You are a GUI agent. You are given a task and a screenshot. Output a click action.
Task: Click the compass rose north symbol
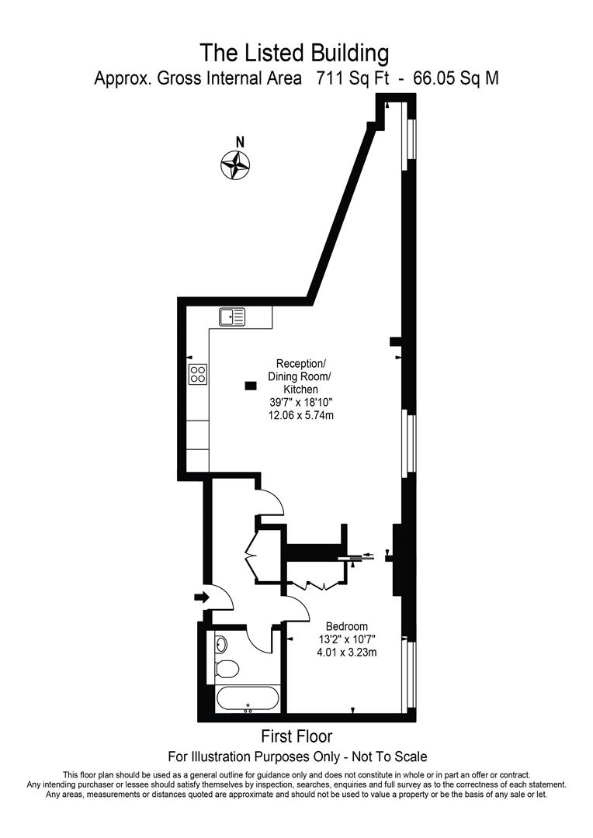[x=235, y=164]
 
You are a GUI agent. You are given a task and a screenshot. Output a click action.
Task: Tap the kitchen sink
[x=232, y=316]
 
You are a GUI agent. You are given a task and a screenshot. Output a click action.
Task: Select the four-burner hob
[x=198, y=375]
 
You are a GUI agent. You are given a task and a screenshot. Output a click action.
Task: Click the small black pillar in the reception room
[x=250, y=384]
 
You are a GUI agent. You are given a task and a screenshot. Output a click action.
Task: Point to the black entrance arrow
[x=201, y=597]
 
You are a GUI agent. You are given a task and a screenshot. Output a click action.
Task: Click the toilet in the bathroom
[x=227, y=668]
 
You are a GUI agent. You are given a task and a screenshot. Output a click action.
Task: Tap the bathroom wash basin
[x=221, y=643]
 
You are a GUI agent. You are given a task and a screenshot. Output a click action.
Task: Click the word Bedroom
[x=347, y=626]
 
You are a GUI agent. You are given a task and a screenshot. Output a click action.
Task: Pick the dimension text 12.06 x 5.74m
[x=301, y=415]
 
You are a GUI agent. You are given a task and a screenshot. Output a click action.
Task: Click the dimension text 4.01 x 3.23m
[x=346, y=652]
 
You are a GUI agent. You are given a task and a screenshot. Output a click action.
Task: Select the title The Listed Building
[x=294, y=53]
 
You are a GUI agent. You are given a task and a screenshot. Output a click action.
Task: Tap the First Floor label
[x=298, y=736]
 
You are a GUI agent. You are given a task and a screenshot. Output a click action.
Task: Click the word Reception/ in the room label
[x=301, y=363]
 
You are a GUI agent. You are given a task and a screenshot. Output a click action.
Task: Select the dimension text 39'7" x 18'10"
[x=301, y=402]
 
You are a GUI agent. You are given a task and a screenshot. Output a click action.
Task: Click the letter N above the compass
[x=240, y=142]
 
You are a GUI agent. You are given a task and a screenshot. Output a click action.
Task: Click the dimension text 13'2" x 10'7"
[x=346, y=639]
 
